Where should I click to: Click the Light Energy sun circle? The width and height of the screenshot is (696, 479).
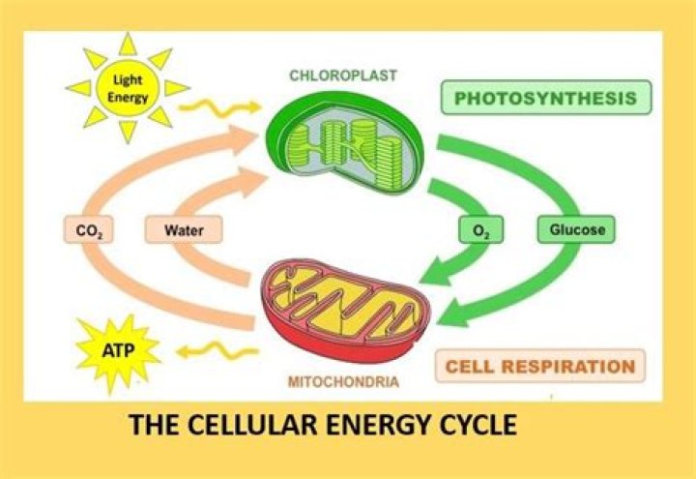[128, 88]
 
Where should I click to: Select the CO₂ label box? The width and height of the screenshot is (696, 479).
[88, 229]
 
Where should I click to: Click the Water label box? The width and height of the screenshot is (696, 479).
[184, 229]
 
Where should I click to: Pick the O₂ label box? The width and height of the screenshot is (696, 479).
[480, 229]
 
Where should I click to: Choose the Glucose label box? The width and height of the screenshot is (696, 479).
[576, 229]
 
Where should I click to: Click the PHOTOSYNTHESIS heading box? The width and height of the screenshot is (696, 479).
[546, 98]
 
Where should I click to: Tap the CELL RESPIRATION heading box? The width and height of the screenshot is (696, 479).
[540, 366]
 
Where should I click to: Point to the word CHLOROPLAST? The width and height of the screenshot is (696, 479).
[343, 75]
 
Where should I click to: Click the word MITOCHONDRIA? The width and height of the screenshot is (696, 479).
[343, 381]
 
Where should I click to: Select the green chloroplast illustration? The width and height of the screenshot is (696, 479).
[345, 142]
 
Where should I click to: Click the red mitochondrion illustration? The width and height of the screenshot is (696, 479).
[345, 311]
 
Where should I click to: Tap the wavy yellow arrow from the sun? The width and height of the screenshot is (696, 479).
[219, 107]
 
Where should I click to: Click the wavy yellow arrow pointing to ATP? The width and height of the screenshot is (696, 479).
[217, 351]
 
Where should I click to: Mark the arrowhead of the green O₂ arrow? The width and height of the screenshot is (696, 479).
[436, 272]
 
